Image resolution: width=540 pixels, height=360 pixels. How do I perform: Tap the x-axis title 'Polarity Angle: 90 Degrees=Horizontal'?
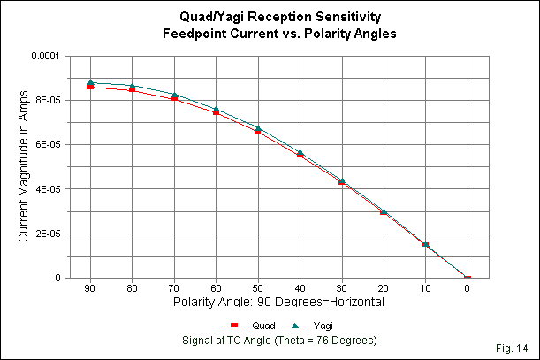[278, 302]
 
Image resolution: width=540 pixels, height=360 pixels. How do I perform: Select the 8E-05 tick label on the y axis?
[43, 100]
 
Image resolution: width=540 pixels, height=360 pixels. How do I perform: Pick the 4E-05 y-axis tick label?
[43, 189]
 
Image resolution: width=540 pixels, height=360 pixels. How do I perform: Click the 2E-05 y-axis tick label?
[43, 234]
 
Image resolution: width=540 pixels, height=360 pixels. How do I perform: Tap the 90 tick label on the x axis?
[90, 289]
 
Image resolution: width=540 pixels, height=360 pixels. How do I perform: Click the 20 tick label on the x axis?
[384, 289]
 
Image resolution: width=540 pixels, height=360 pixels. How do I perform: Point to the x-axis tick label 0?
[468, 289]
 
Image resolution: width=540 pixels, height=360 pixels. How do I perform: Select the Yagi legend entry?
[305, 327]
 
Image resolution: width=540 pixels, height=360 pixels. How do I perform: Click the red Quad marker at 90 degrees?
[90, 87]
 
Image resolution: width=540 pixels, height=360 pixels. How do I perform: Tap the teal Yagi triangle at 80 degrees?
[133, 86]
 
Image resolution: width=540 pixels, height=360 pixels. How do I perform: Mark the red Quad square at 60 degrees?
[216, 112]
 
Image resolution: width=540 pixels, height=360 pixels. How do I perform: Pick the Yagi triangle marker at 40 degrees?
[300, 152]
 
